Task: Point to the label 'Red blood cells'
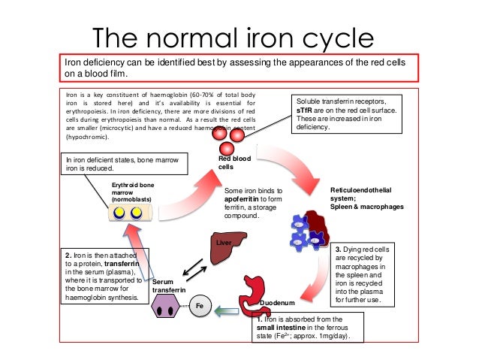[236, 163]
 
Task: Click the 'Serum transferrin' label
[167, 284]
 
